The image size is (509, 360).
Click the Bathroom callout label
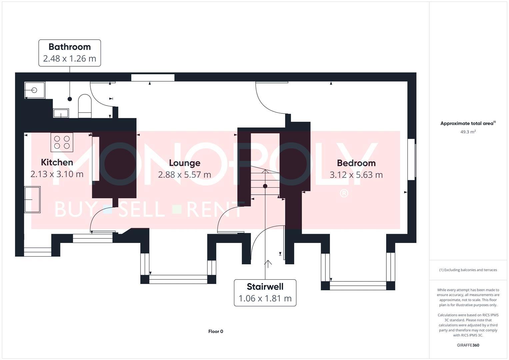pos(70,53)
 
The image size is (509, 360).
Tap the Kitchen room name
pos(57,162)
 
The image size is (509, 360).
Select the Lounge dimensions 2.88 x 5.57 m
pos(184,175)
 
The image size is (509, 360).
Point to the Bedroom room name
pos(356,163)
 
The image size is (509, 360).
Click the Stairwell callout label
pos(265,293)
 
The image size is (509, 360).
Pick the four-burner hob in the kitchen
pos(62,142)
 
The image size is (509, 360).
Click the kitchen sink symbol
pos(32,200)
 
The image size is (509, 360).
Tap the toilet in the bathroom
pos(85,106)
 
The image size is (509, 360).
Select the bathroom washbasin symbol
pos(61,113)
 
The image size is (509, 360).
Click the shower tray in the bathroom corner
pos(35,90)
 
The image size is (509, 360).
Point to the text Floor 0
pos(216,331)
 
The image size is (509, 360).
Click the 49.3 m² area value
pos(468,132)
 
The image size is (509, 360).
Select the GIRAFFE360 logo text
pos(468,345)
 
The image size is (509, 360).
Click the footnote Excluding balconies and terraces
pos(468,270)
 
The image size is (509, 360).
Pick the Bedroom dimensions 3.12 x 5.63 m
pos(356,175)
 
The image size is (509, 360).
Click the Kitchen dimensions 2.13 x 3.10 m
pos(57,174)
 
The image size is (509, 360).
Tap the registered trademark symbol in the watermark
pos(344,194)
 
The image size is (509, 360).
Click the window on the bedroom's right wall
pos(412,159)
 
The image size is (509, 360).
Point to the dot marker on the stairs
pos(265,186)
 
